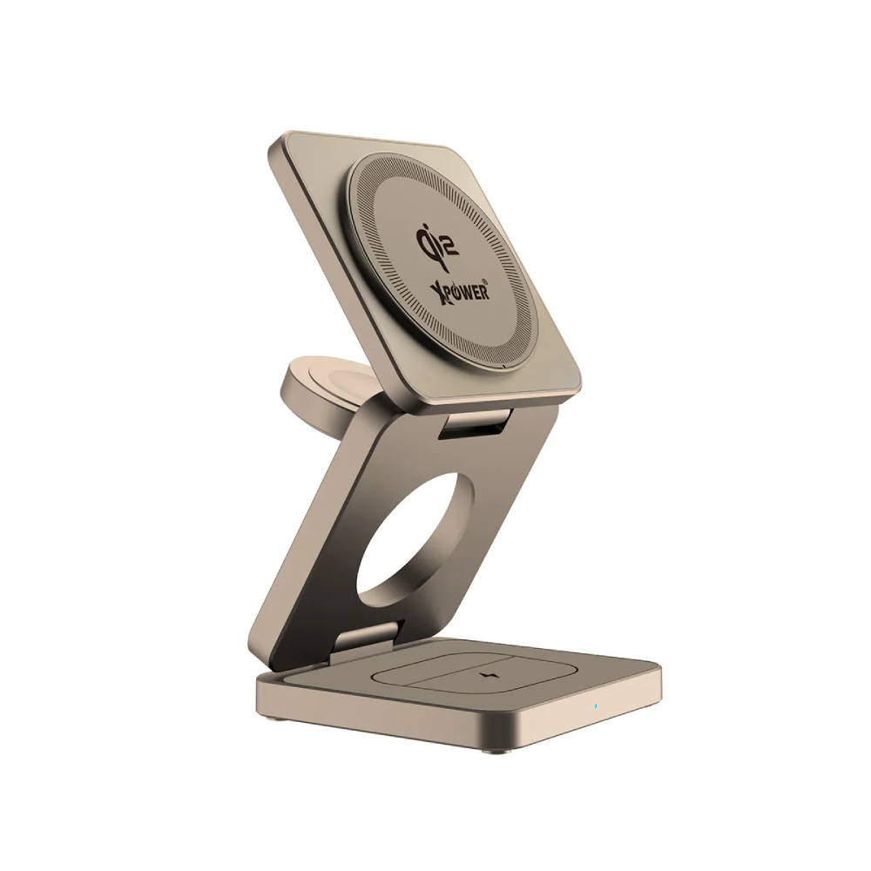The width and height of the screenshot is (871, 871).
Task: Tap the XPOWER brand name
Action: pyautogui.click(x=459, y=289)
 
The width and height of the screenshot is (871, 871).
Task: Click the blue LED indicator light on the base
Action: pyautogui.click(x=596, y=706)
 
